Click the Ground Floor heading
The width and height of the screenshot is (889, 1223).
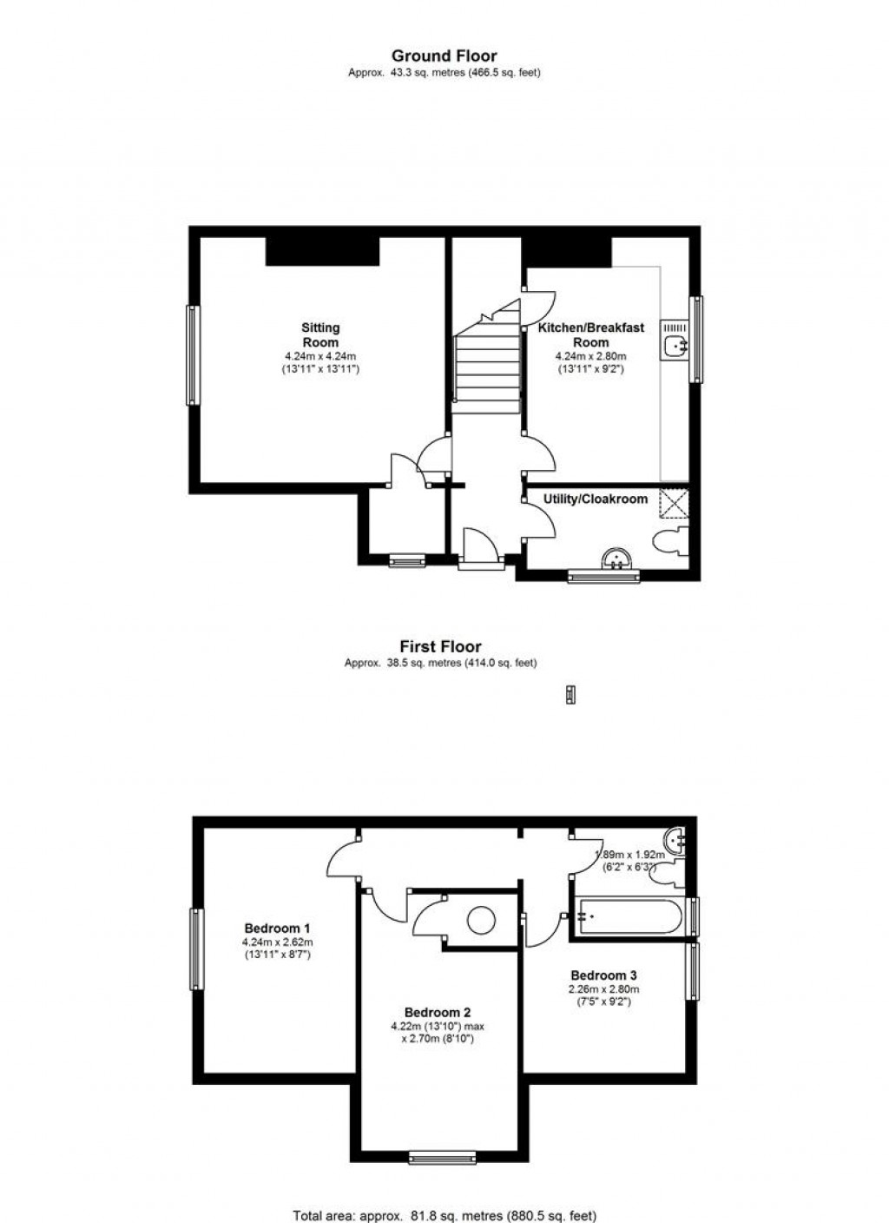coord(444,56)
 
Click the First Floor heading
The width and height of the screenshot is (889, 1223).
coord(440,646)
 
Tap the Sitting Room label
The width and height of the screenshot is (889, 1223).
coord(320,334)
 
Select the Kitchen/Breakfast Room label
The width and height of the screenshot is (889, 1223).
coord(591,334)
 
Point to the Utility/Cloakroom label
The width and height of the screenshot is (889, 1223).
coord(596,499)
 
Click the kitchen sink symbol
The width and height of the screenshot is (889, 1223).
coord(675,345)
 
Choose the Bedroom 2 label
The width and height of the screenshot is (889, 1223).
coord(438,1012)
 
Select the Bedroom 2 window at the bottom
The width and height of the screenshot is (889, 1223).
coord(443,1156)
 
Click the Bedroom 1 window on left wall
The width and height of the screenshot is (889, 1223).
coord(196,949)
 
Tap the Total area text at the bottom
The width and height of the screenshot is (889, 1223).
coord(444,1216)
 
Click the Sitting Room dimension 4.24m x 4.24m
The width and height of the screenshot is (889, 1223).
coord(320,356)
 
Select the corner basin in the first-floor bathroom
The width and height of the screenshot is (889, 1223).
coord(675,841)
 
